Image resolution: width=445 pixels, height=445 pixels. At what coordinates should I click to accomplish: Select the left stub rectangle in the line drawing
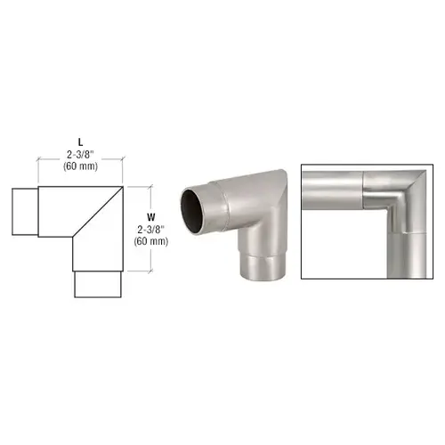[x=25, y=212]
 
